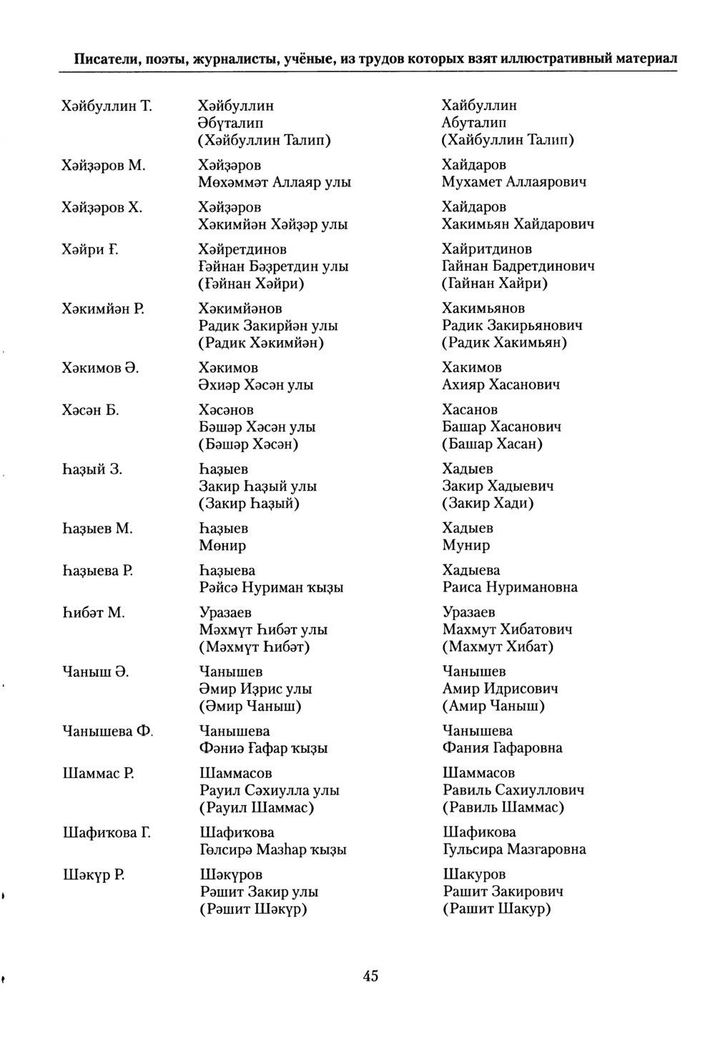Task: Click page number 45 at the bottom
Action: click(x=370, y=976)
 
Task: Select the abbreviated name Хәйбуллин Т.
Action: click(x=107, y=106)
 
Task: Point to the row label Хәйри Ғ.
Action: click(x=90, y=249)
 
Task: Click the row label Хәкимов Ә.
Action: click(x=100, y=368)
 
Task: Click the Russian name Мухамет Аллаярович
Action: click(x=514, y=182)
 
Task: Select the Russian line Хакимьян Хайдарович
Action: click(x=518, y=224)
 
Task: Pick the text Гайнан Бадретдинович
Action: click(x=518, y=266)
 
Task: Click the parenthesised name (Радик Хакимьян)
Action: click(x=505, y=343)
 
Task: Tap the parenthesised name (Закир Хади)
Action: click(x=488, y=504)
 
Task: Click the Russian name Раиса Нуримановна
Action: click(x=510, y=588)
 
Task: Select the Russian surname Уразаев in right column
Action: click(x=468, y=613)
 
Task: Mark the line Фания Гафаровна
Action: click(x=502, y=749)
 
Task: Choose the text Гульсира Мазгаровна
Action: click(x=514, y=850)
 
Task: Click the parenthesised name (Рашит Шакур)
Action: click(x=497, y=909)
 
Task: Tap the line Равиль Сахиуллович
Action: click(x=513, y=791)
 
